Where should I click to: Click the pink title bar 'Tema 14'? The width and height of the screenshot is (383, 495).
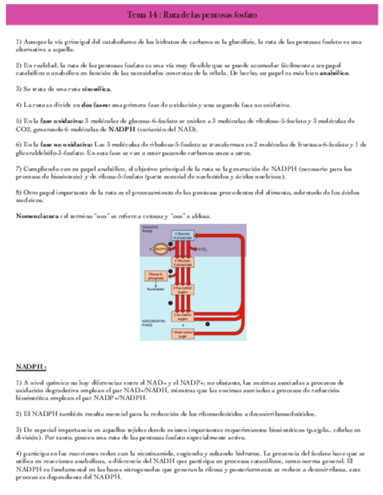[x=191, y=13]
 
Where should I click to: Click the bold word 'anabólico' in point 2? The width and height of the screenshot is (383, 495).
[x=333, y=74]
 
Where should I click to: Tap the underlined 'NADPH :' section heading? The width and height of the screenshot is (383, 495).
[x=30, y=367]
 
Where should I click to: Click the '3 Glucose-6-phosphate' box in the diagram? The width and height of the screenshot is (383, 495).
[x=179, y=235]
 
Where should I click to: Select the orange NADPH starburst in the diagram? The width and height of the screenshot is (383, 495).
[x=159, y=249]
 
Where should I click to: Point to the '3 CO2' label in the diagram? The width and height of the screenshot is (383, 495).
[x=203, y=249]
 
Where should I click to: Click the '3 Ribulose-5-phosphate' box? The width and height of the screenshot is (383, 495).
[x=179, y=263]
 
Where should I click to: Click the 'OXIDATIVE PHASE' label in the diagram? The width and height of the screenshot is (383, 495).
[x=150, y=229]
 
